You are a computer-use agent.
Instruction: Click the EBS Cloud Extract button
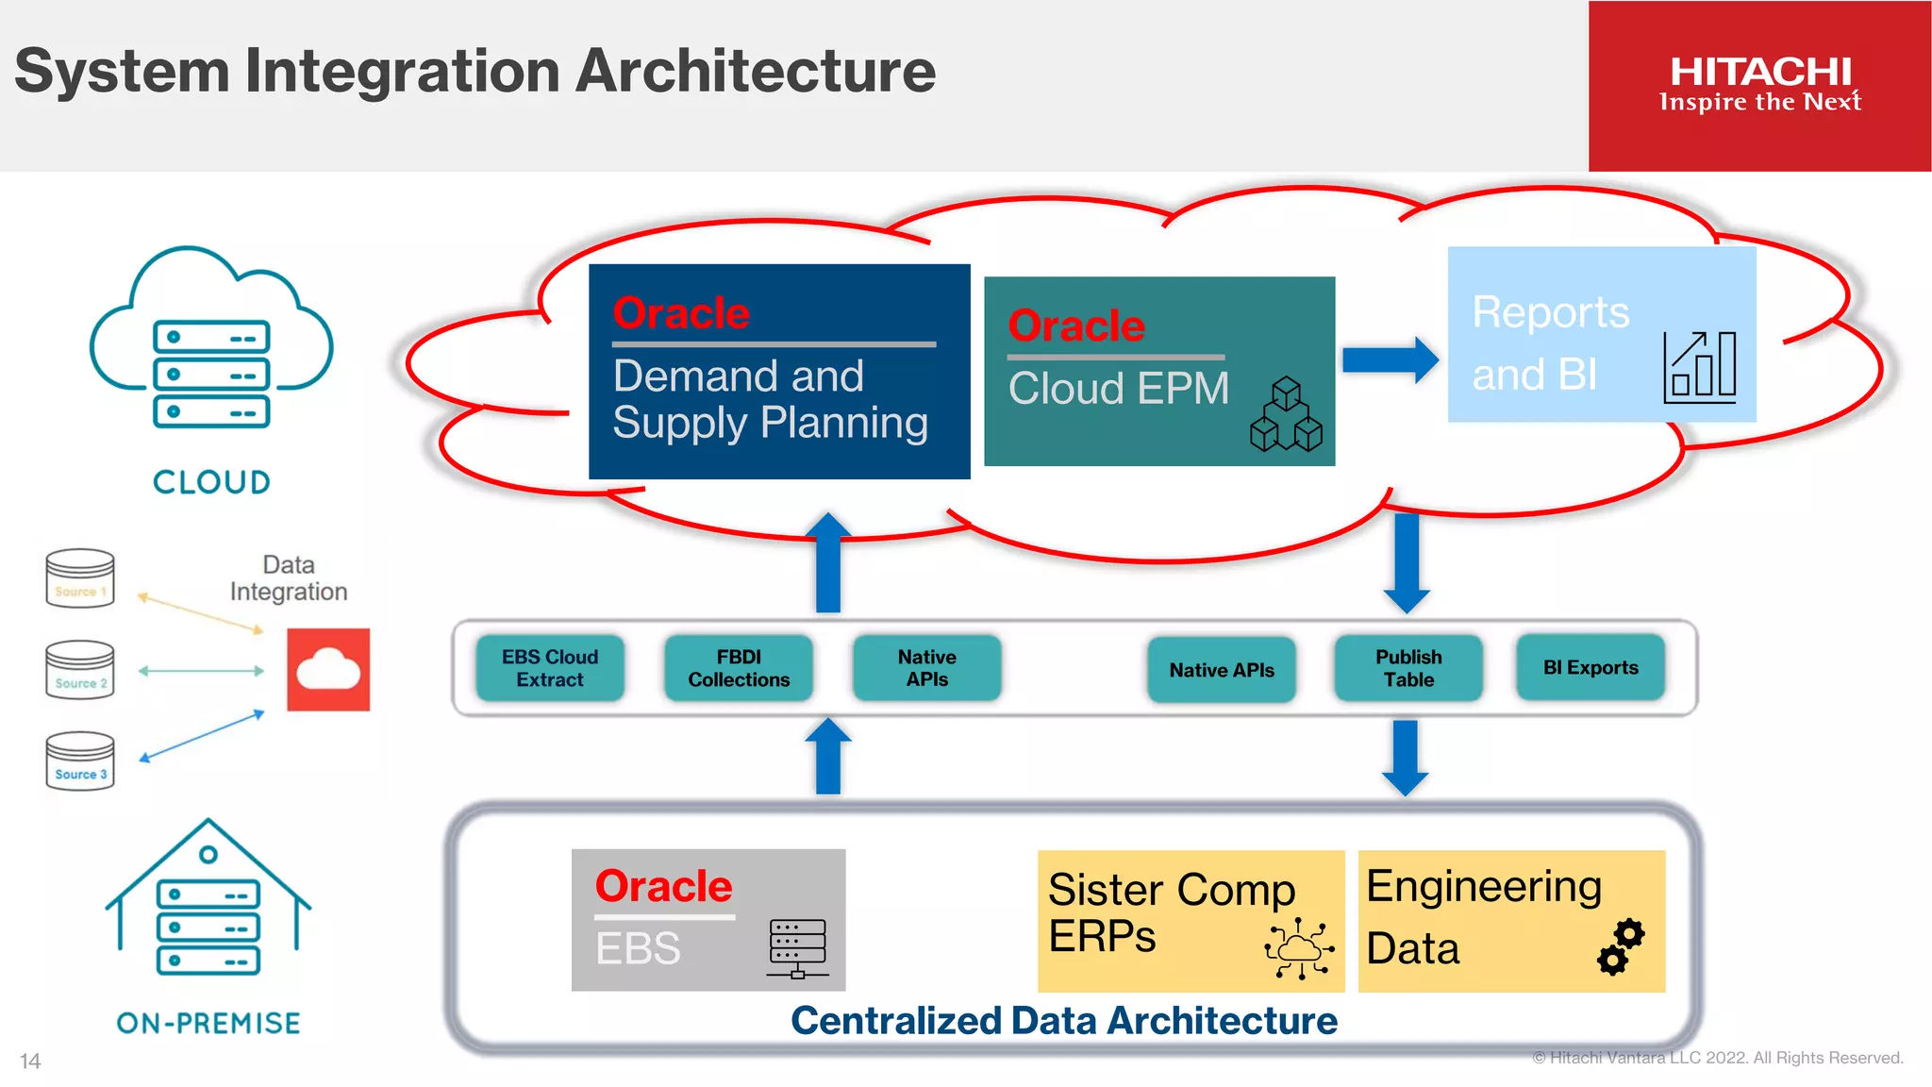pos(550,668)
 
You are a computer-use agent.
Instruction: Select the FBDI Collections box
pos(739,668)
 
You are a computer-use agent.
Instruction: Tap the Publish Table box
pos(1408,668)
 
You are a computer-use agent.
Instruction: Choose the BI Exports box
pos(1591,668)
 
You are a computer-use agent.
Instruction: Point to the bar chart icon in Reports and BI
pos(1700,367)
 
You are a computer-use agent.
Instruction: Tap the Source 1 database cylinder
pos(80,578)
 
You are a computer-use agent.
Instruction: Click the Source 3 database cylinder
pos(80,761)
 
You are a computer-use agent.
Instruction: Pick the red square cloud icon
pos(328,670)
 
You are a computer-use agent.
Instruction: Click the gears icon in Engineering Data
pos(1621,946)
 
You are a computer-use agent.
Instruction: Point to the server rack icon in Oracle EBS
pos(797,947)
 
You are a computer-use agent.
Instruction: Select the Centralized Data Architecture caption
pos(1063,1021)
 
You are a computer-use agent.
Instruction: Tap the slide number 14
pos(30,1062)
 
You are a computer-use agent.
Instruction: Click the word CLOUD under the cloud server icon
pos(211,482)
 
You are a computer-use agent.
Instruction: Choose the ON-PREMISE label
pos(208,1023)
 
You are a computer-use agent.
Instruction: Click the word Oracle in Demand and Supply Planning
pos(681,313)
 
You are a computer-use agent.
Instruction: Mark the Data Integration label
pos(289,578)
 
